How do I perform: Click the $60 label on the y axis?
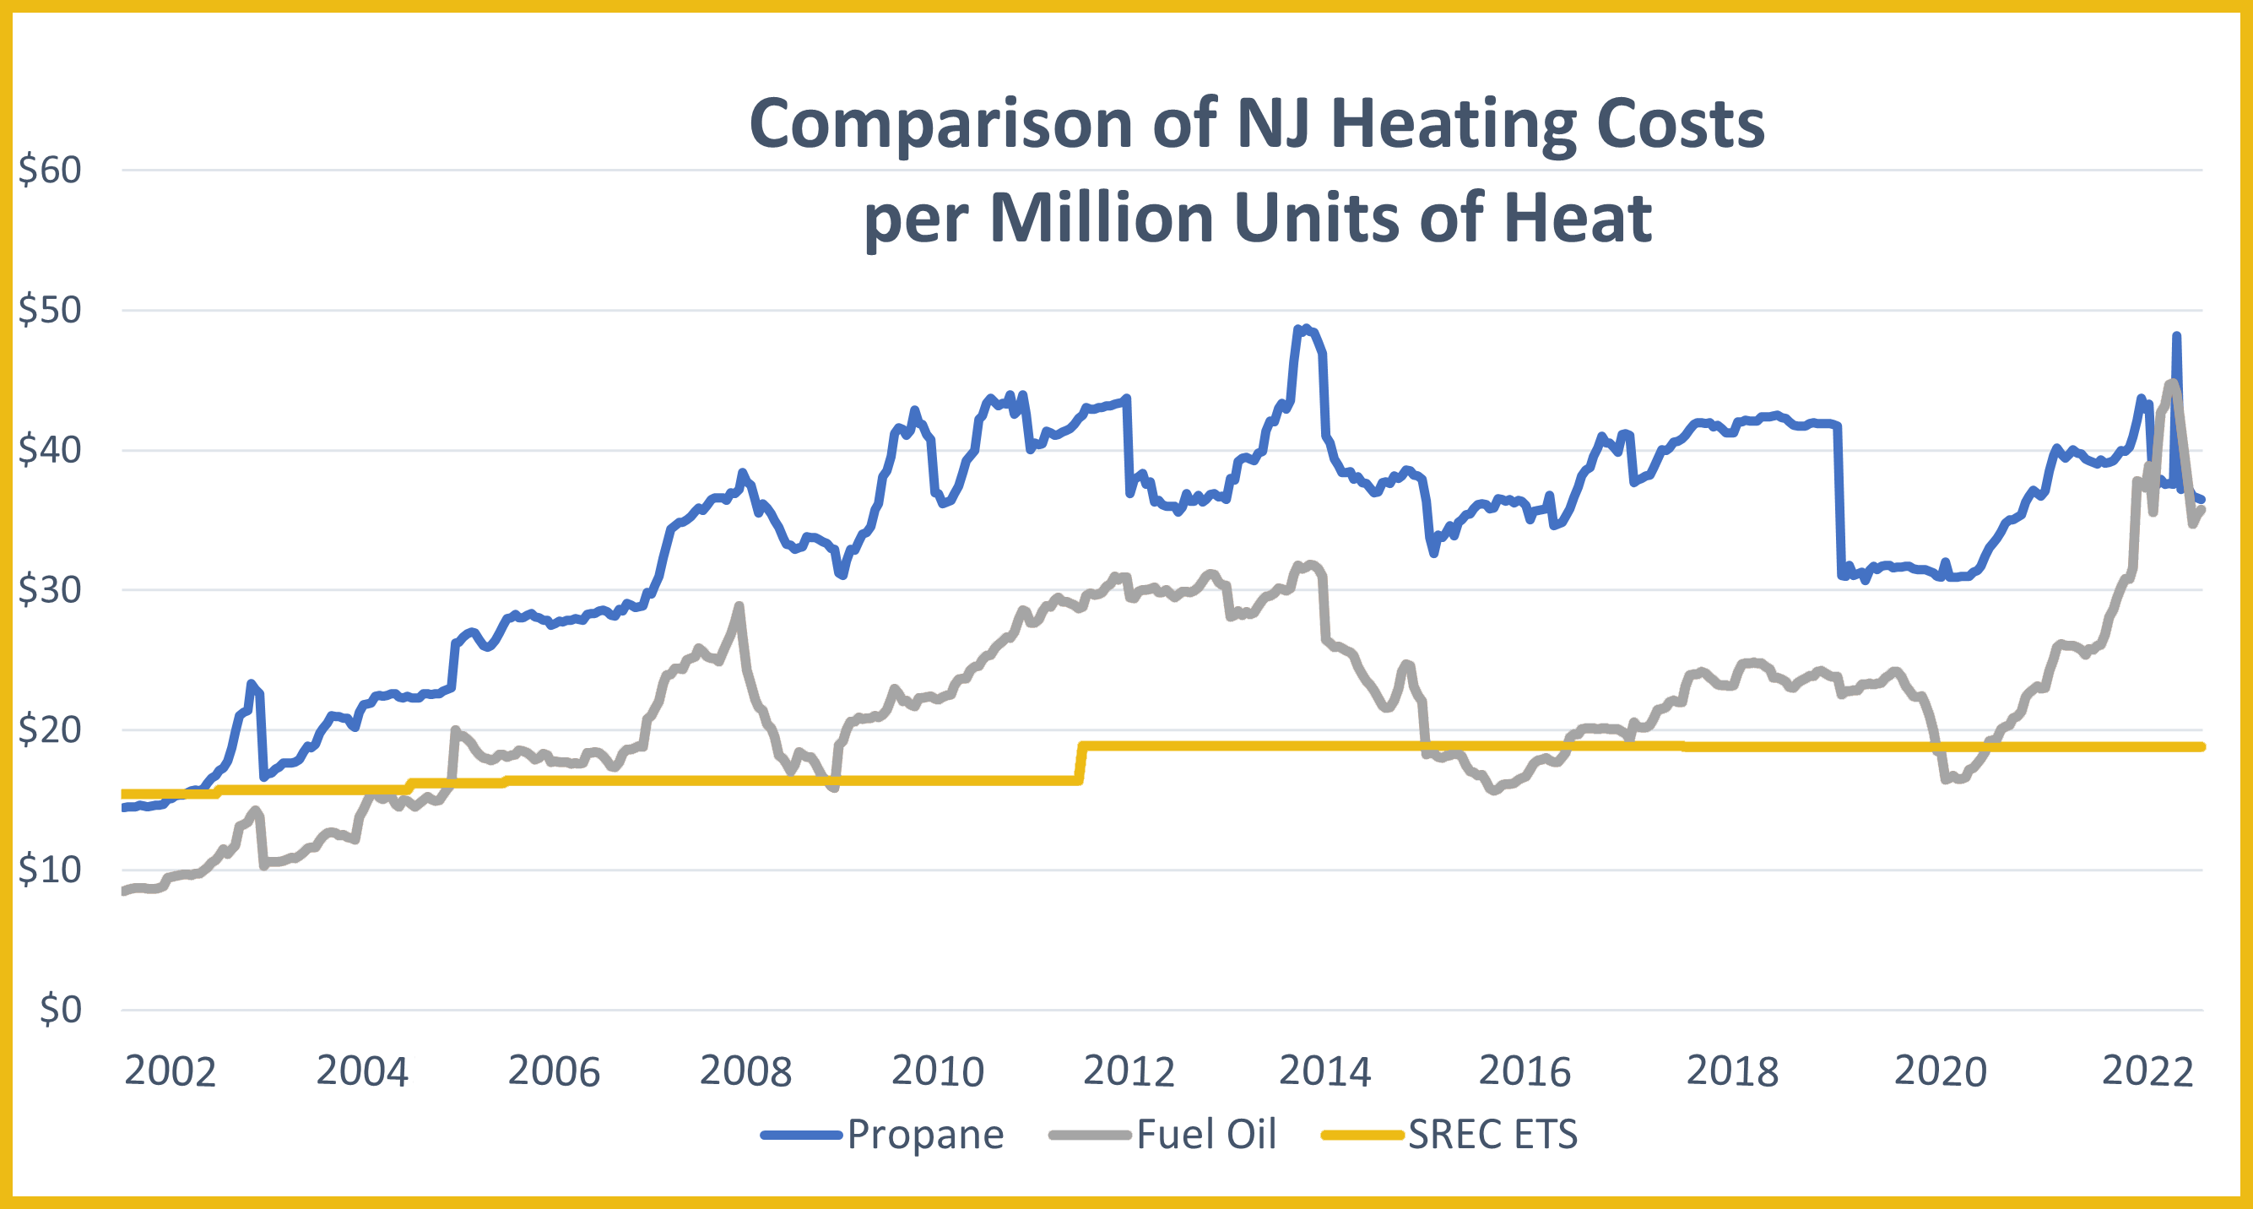(x=50, y=170)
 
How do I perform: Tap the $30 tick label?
(x=50, y=589)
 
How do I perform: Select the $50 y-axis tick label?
(x=50, y=310)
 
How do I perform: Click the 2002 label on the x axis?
(x=170, y=1071)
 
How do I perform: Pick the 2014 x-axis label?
(x=1324, y=1071)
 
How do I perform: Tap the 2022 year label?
(x=2147, y=1071)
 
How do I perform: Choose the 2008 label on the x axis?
(x=745, y=1071)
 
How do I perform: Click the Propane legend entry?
(x=924, y=1135)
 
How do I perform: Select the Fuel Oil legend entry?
(x=1205, y=1135)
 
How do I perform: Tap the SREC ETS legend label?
(x=1492, y=1135)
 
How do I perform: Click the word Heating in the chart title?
(x=1453, y=124)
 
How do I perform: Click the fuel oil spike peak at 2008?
(x=739, y=605)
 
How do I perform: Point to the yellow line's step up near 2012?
(x=1082, y=761)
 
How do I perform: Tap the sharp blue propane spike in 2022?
(x=2176, y=336)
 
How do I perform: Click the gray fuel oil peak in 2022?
(x=2172, y=383)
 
